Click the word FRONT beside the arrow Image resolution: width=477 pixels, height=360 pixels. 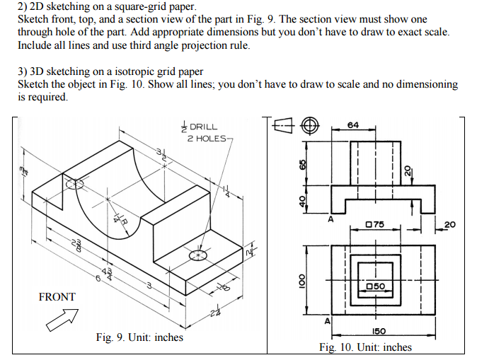pos(56,297)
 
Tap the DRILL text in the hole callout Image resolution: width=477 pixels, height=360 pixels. pos(203,127)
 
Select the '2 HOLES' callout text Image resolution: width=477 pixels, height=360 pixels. pos(205,137)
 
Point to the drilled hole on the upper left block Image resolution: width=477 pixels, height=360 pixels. pos(74,184)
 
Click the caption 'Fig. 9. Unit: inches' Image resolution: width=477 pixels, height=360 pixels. pos(139,337)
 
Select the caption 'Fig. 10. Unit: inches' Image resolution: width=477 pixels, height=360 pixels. pos(365,347)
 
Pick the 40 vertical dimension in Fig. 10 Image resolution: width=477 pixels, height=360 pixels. pos(302,202)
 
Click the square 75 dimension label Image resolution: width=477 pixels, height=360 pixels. pos(374,225)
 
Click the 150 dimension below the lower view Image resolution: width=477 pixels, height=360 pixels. pos(378,331)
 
